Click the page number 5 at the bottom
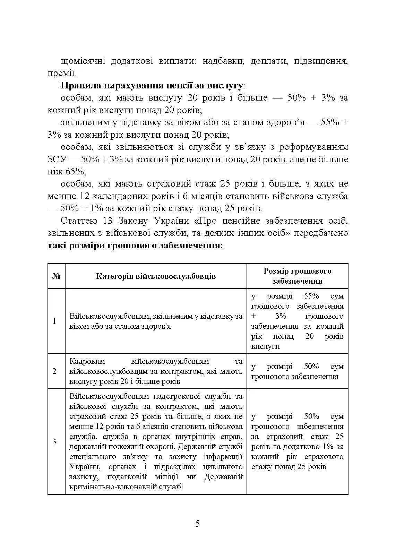click(198, 523)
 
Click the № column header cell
click(57, 276)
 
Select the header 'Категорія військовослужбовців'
click(156, 276)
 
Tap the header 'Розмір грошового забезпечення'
click(297, 276)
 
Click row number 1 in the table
click(54, 321)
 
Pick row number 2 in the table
click(54, 371)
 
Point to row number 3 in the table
click(54, 441)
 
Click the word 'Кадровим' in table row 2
click(86, 361)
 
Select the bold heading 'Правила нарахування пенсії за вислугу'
click(152, 86)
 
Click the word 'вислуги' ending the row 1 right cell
click(265, 346)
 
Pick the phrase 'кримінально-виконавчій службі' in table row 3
click(126, 487)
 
